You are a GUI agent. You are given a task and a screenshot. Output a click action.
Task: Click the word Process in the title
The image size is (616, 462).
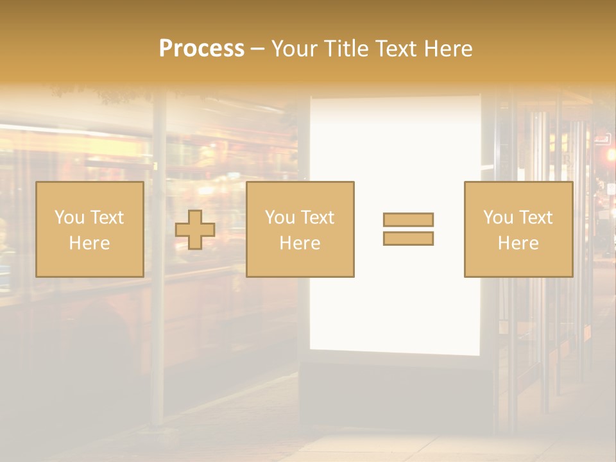(201, 49)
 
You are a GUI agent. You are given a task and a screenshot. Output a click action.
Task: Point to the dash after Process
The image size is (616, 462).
(257, 49)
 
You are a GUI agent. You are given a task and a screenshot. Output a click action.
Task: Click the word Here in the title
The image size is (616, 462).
(447, 49)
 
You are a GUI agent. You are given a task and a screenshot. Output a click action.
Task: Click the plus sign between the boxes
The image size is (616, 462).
(195, 230)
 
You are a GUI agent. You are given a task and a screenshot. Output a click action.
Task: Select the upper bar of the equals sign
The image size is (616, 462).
(408, 219)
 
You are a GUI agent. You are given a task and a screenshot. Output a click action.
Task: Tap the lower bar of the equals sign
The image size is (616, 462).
(408, 238)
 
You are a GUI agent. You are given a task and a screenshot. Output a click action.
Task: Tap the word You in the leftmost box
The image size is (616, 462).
(69, 218)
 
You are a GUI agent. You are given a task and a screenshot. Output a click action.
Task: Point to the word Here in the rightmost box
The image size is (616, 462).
(518, 243)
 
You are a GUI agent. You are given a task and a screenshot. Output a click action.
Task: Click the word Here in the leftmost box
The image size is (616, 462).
(89, 243)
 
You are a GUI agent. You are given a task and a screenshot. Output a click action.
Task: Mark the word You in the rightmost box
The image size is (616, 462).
(499, 218)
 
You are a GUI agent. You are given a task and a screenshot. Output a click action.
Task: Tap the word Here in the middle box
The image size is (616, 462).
(300, 243)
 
